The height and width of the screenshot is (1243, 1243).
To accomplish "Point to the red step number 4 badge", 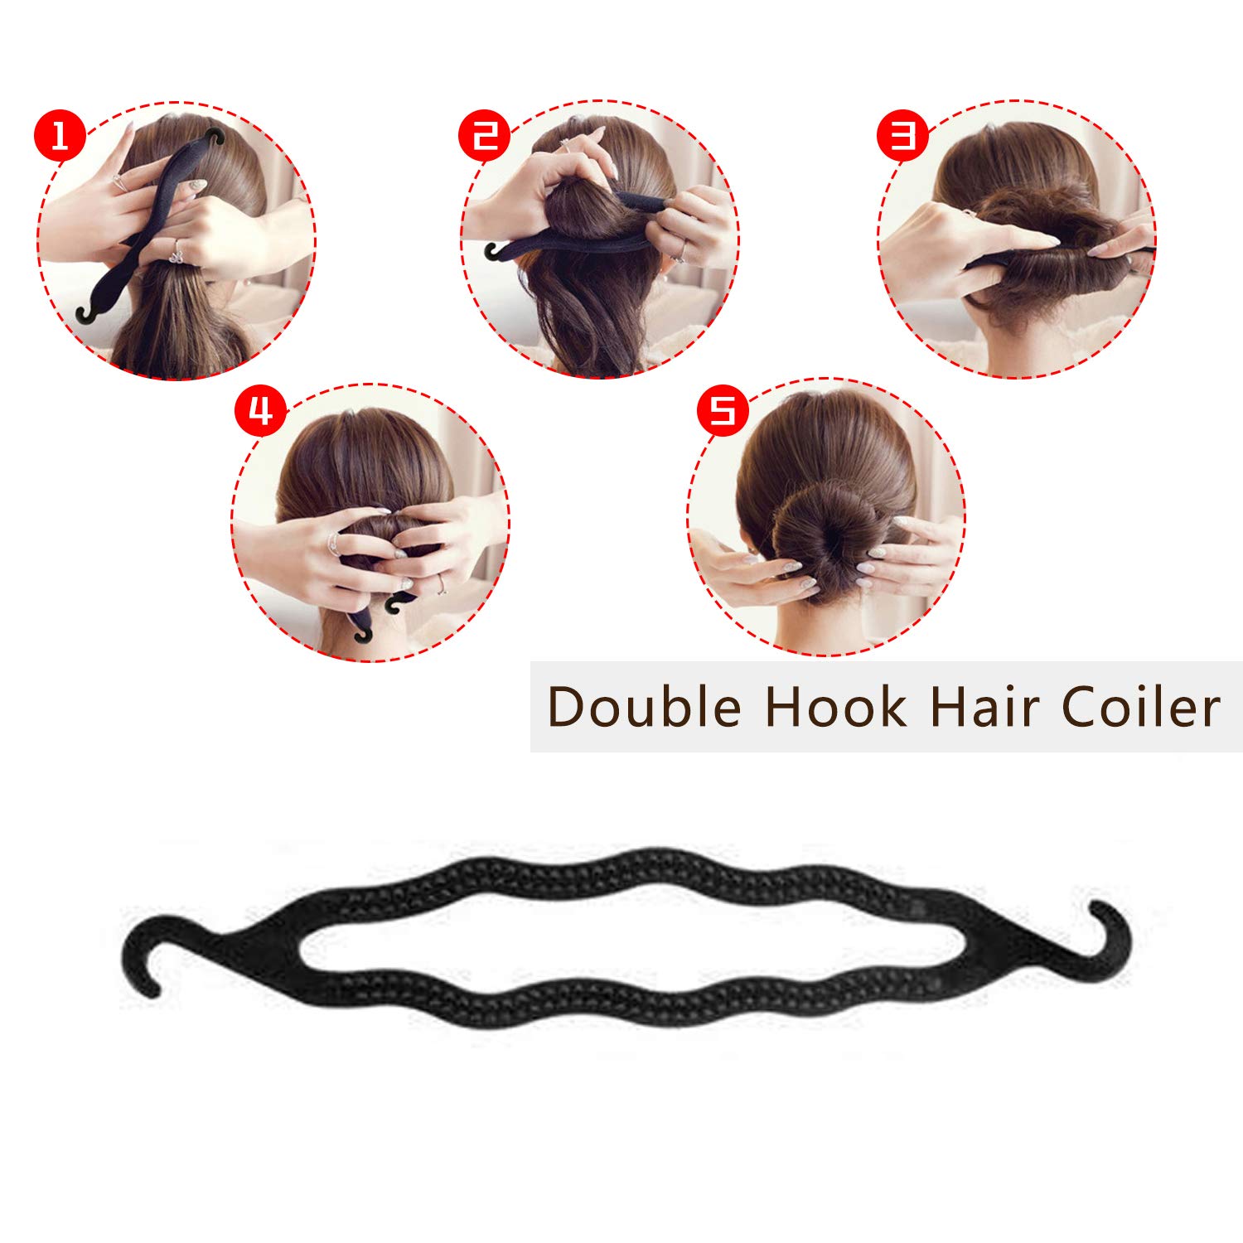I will point(260,410).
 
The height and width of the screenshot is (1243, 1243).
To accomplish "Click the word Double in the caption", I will point(644,708).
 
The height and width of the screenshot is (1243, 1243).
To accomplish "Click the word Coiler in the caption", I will point(1141,708).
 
